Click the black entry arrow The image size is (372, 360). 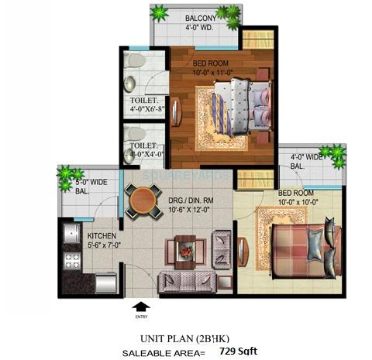139,306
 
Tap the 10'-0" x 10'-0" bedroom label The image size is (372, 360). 298,197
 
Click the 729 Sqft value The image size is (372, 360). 236,351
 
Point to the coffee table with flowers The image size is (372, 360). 184,252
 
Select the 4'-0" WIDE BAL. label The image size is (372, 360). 308,160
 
